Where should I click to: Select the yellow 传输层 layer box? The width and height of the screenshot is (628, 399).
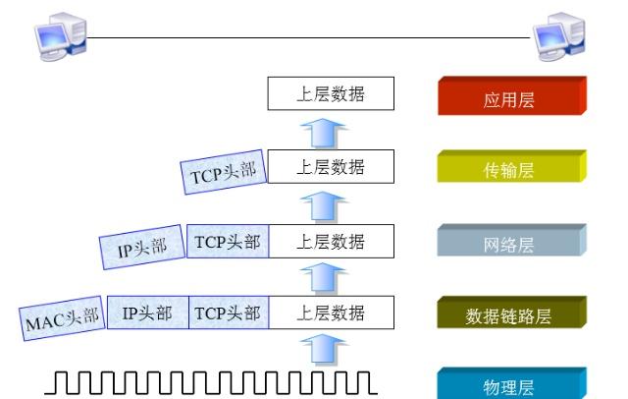pos(510,169)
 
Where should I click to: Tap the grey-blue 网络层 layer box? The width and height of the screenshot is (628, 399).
pos(510,243)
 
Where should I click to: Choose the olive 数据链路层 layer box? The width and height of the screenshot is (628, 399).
pos(510,315)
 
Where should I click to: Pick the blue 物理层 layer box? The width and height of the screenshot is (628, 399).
pos(510,382)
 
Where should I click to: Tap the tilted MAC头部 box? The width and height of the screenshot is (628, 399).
pos(62,317)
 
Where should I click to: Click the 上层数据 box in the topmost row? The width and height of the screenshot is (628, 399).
pos(331,94)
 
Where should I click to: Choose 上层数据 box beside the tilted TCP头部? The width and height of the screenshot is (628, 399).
pos(331,167)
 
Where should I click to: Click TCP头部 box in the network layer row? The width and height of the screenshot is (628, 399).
pos(227,242)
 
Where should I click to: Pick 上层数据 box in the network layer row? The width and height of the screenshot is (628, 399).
pos(331,242)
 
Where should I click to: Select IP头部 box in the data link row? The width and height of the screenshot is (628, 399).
pos(147,313)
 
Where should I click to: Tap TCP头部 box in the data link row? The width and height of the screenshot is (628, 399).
pos(227,313)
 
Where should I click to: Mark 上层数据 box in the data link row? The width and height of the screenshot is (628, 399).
pos(331,313)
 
